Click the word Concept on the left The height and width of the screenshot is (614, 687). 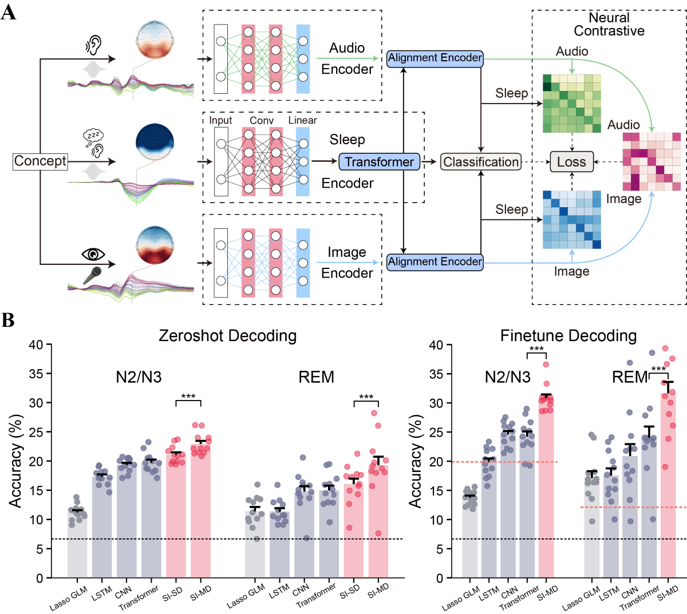[40, 161]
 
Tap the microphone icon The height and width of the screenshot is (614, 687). [92, 275]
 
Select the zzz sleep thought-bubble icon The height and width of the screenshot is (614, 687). [93, 138]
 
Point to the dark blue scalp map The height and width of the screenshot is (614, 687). [155, 142]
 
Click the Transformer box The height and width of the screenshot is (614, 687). [379, 162]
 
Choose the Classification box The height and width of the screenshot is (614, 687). [481, 162]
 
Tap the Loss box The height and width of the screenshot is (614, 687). [571, 162]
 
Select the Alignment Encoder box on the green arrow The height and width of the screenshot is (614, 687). [435, 58]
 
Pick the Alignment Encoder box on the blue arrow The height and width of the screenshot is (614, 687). [435, 262]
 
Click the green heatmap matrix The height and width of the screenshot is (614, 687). [572, 104]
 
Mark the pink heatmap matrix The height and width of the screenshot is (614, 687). [652, 162]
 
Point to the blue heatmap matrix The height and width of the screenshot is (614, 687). [572, 220]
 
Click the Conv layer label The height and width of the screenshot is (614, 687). [262, 121]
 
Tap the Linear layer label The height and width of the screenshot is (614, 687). [302, 120]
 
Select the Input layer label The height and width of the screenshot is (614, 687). [220, 121]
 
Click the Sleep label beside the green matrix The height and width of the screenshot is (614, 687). [511, 93]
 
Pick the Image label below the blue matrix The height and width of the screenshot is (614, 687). [571, 271]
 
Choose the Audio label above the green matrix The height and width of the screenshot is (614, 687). [572, 52]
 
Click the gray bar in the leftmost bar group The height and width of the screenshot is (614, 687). [77, 543]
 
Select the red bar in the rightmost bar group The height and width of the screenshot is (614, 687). [668, 484]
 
